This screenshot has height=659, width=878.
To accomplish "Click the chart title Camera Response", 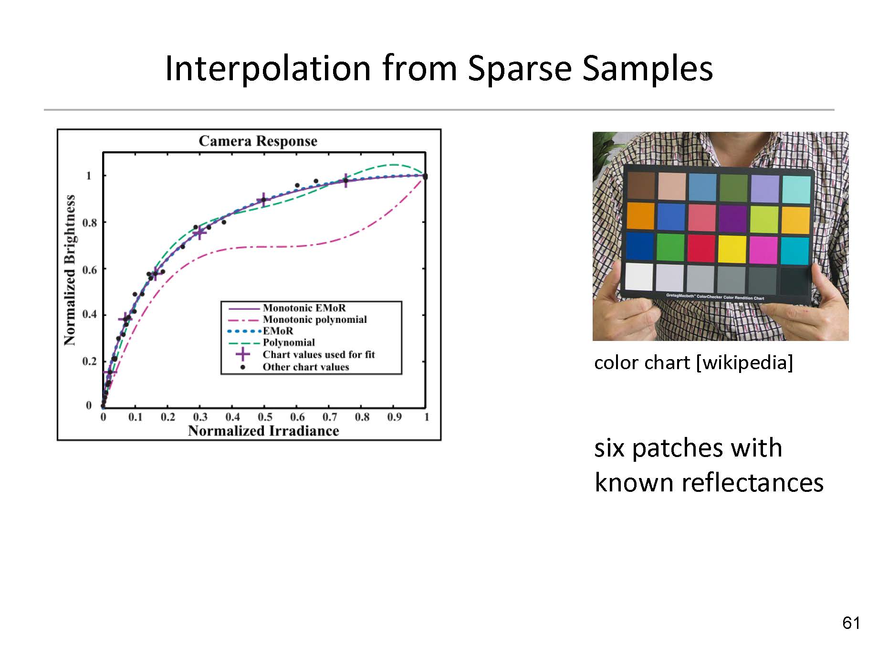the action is point(258,141).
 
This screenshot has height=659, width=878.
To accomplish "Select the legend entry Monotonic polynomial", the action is point(315,319).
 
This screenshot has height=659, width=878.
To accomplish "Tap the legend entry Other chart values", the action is point(306,367).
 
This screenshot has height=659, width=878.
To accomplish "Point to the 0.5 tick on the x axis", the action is point(265,417).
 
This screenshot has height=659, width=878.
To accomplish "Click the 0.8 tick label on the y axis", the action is point(89,223).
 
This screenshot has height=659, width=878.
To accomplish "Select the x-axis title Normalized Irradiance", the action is point(263,431).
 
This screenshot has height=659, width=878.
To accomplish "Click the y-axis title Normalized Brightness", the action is point(70,270).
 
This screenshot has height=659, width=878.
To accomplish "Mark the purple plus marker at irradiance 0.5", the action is point(264,201).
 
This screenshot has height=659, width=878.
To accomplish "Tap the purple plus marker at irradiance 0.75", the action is point(345,181).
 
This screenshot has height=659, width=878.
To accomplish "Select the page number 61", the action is point(851,623).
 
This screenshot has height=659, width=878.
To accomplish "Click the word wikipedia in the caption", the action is point(744,363).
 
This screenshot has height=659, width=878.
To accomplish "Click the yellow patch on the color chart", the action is point(732,249).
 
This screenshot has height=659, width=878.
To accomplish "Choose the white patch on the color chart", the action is point(639,276).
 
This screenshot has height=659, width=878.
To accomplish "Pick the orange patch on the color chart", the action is point(640,216).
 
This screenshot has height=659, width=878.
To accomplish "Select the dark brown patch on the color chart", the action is point(641,185).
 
